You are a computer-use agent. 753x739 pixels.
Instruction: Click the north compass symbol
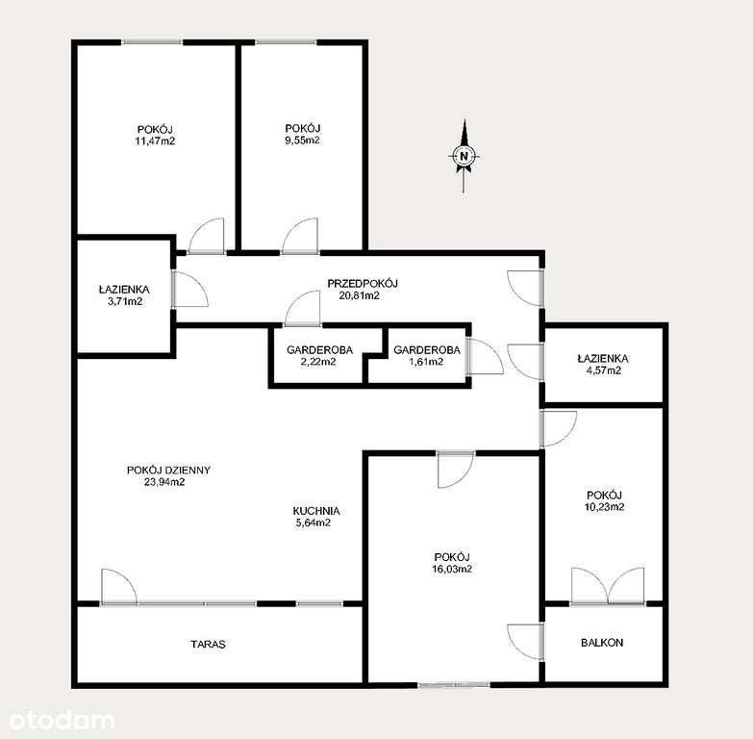tap(464, 156)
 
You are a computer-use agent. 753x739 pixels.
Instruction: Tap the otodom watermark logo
tap(60, 719)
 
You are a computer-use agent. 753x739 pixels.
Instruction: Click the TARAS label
tap(208, 645)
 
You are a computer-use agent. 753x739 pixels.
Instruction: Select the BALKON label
tap(602, 642)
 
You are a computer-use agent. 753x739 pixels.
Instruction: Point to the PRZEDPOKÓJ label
tap(363, 283)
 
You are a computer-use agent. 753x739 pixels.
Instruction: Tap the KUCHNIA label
tap(317, 511)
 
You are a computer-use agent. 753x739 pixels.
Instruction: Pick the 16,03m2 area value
tap(451, 570)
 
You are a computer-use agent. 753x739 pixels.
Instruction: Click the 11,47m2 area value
tap(155, 141)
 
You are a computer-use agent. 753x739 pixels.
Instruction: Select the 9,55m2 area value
tap(302, 140)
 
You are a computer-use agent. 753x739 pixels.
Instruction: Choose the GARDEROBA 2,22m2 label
tap(317, 355)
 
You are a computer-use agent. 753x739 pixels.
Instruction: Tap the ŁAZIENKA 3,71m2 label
tap(123, 294)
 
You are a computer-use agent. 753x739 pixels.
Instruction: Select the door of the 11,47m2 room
tap(207, 237)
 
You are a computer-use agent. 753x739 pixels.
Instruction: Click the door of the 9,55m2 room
tap(300, 237)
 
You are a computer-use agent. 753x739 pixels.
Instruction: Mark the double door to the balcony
tap(607, 586)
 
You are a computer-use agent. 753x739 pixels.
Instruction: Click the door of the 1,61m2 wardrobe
tap(484, 356)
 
